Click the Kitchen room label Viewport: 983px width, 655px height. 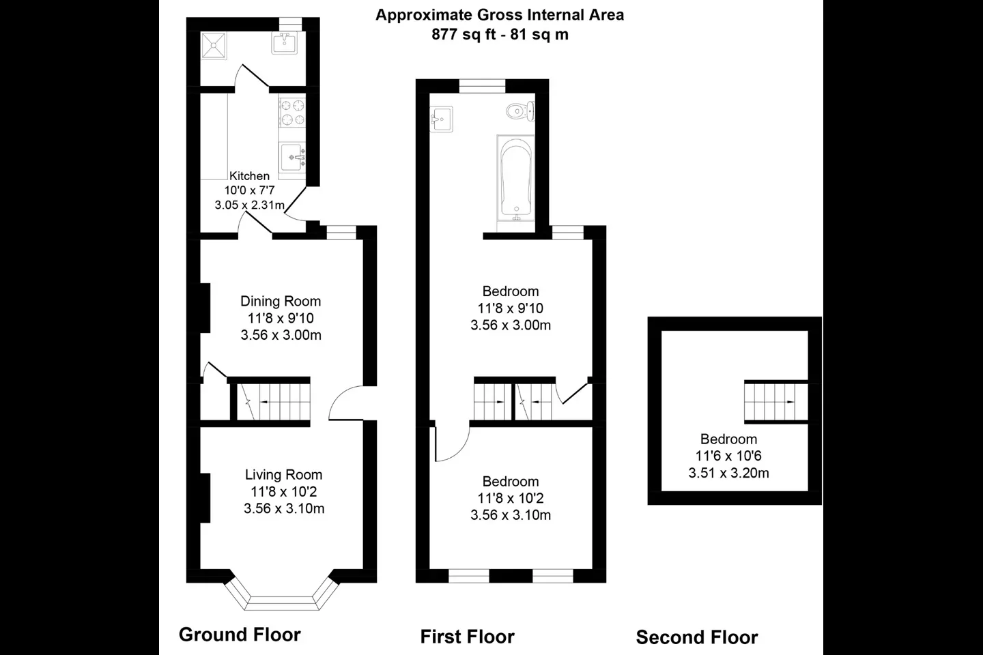point(249,176)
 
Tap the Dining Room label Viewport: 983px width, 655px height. point(281,302)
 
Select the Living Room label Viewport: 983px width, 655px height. point(283,475)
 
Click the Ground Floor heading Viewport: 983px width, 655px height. point(240,635)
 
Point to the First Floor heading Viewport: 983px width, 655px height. point(467,637)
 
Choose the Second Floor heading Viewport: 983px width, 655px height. point(697,637)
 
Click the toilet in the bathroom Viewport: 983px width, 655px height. point(520,111)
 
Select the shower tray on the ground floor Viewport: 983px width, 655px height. point(214,45)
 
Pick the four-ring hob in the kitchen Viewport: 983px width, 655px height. point(292,113)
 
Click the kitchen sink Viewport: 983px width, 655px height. point(293,157)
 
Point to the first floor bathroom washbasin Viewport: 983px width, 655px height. point(442,119)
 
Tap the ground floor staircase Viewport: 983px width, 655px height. point(273,402)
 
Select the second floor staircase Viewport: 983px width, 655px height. point(776,402)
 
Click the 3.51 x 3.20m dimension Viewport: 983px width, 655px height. point(728,474)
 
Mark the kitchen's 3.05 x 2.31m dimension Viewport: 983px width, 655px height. point(249,205)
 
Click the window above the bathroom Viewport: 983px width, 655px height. point(482,86)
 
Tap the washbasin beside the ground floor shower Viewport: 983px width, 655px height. point(284,43)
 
